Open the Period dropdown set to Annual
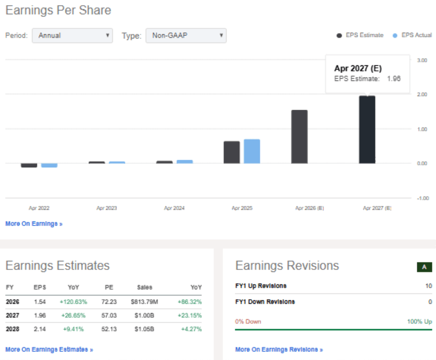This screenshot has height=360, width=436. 72,35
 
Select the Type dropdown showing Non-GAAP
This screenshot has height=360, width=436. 186,35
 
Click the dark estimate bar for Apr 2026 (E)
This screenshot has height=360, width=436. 299,137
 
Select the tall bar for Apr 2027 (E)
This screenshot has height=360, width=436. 367,129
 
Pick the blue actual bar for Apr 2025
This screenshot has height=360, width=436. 252,151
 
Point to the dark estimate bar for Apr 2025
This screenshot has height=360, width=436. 232,152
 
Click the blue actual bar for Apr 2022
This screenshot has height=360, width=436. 49,165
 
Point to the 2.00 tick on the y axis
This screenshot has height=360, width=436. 422,95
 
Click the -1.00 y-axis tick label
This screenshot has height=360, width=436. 422,198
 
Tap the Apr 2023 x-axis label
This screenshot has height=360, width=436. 107,208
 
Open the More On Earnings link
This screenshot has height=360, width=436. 34,223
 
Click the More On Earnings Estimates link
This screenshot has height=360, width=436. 49,349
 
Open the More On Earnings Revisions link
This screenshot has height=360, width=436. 279,349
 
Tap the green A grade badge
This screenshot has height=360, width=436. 424,267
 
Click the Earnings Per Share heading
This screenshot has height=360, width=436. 58,10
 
